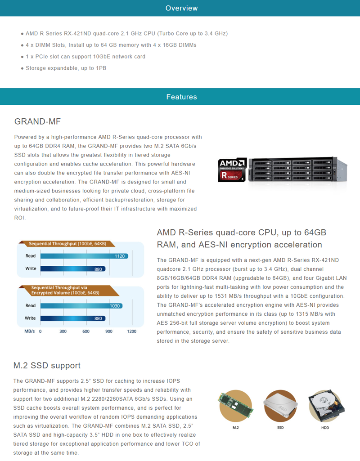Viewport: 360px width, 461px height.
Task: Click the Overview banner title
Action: pos(181,8)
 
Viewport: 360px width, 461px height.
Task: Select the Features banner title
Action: pos(181,97)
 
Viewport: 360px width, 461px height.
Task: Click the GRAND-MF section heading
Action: pos(37,121)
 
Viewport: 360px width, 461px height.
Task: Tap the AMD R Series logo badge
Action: pos(232,170)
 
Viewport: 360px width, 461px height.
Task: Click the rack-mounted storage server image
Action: pos(297,170)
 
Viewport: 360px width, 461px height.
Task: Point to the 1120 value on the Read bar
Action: pos(120,256)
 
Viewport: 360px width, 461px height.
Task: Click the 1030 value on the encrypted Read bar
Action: pos(115,306)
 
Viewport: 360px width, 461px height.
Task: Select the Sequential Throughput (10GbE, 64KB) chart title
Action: pos(67,244)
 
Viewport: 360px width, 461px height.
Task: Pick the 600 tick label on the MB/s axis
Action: pos(86,331)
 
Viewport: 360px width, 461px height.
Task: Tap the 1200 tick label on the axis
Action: pos(132,331)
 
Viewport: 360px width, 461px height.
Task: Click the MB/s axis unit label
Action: pos(29,331)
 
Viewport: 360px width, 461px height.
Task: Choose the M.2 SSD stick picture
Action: pos(236,406)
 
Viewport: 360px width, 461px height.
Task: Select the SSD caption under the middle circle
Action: pos(280,427)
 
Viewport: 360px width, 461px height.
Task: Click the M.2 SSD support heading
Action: pos(47,366)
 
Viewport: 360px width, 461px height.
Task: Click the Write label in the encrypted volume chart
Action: pos(30,318)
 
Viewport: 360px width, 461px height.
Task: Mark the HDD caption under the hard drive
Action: pos(325,427)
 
